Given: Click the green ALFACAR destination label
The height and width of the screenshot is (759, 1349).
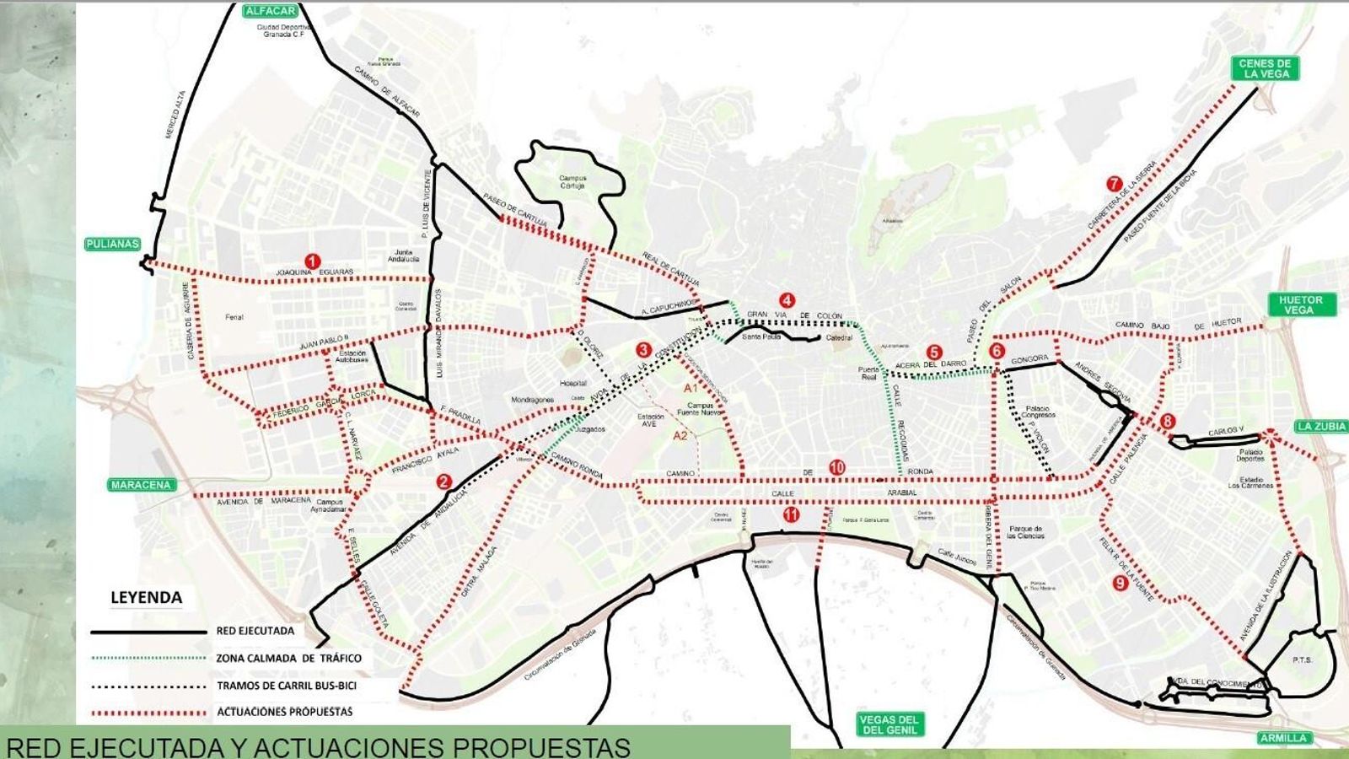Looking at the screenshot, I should [270, 11].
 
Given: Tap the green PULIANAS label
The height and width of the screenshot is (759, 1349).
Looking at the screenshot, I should [111, 244].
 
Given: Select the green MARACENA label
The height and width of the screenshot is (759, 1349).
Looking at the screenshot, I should [141, 485].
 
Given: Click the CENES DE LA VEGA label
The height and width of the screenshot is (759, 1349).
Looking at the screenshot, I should [1265, 68].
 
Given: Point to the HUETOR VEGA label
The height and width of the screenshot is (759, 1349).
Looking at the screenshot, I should [1301, 304].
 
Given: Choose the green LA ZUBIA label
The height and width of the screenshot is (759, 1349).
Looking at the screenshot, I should [1321, 427].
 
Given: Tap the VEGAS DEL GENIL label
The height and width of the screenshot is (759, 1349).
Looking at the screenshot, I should [889, 724].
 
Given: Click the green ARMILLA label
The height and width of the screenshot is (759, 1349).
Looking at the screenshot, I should [1283, 738].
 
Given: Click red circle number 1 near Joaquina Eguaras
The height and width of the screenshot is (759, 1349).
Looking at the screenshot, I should [313, 261].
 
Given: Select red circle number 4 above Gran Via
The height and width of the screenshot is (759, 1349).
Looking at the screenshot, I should [787, 300].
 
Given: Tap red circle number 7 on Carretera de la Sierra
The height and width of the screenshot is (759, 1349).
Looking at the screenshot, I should [1114, 184].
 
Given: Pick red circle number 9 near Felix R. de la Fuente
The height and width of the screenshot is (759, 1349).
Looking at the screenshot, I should [1121, 582].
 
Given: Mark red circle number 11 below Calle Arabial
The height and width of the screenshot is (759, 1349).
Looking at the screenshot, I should [790, 514].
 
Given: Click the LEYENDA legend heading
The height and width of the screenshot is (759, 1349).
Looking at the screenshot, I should [146, 598].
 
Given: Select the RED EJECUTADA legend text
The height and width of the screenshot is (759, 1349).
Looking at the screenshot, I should [255, 631].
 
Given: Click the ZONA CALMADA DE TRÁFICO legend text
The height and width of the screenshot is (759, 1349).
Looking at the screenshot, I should [288, 659].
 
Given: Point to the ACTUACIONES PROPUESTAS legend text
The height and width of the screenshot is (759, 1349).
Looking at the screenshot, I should [284, 712].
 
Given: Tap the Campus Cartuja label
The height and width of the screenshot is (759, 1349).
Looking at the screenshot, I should [572, 181].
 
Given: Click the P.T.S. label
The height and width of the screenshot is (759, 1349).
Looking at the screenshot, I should [1302, 659].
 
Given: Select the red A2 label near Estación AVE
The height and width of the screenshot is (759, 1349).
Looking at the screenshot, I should [680, 436].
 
